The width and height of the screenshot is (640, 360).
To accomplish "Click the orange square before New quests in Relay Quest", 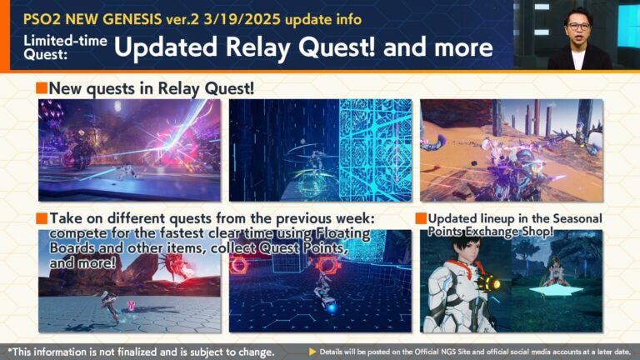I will [x=42, y=88].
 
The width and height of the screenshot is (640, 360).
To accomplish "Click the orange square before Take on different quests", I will [x=42, y=218].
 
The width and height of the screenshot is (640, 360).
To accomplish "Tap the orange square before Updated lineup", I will [x=421, y=218].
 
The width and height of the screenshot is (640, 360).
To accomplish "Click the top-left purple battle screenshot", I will [x=129, y=138].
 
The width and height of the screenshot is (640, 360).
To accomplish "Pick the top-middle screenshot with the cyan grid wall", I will [x=320, y=138].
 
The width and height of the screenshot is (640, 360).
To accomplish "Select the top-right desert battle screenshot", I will [x=511, y=138].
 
